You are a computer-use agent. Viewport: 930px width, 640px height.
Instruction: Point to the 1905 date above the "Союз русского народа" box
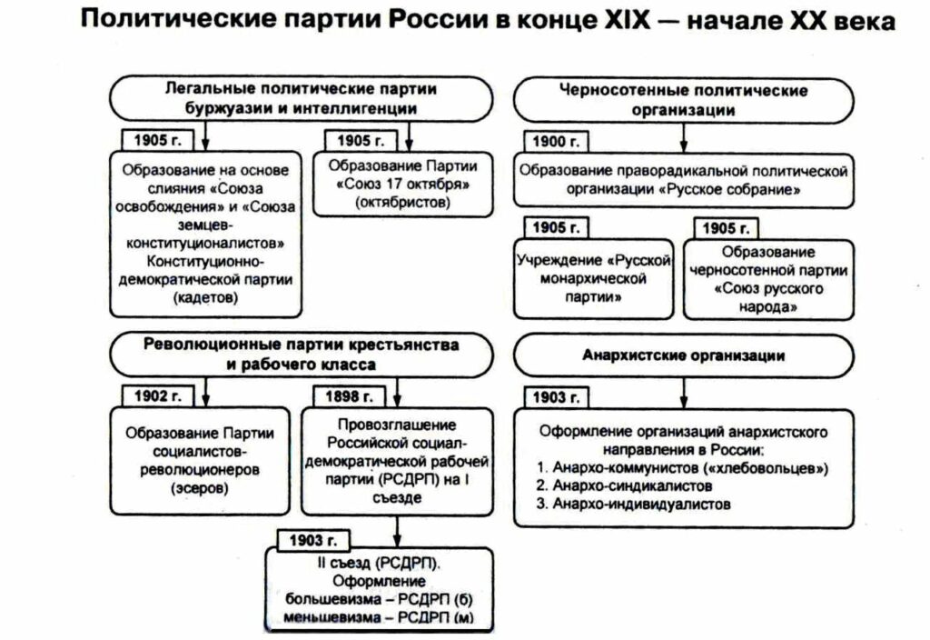727,226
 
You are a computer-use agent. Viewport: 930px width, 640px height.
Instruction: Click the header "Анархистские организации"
683,355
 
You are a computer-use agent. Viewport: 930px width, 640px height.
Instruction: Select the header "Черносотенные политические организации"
683,98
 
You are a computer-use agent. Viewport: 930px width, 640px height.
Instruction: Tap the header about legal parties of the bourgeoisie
300,98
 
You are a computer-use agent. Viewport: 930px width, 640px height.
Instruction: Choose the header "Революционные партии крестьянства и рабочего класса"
300,355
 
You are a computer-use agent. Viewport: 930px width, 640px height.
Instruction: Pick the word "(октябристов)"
403,203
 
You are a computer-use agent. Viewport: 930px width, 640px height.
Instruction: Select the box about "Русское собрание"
683,181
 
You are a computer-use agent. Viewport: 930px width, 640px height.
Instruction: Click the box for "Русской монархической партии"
594,278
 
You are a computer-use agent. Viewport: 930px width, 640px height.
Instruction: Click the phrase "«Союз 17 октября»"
403,185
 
